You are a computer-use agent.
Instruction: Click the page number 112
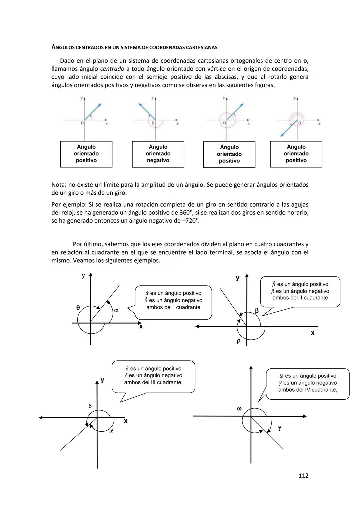click(x=303, y=476)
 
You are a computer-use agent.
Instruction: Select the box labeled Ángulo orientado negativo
click(x=158, y=154)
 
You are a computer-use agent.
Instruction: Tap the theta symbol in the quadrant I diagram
click(x=78, y=308)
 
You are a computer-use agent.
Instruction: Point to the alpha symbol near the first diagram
click(x=116, y=310)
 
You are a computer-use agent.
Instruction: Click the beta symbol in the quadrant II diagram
click(x=257, y=311)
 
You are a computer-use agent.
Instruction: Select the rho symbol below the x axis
click(x=238, y=341)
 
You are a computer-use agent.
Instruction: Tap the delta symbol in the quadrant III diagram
click(x=90, y=406)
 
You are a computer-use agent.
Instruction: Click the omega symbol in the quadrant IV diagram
click(x=239, y=408)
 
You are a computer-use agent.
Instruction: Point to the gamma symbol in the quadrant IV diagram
click(x=279, y=428)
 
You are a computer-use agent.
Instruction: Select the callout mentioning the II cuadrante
click(x=300, y=291)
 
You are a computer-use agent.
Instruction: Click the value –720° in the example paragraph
click(x=190, y=221)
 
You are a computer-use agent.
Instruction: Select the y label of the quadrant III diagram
click(x=102, y=380)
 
